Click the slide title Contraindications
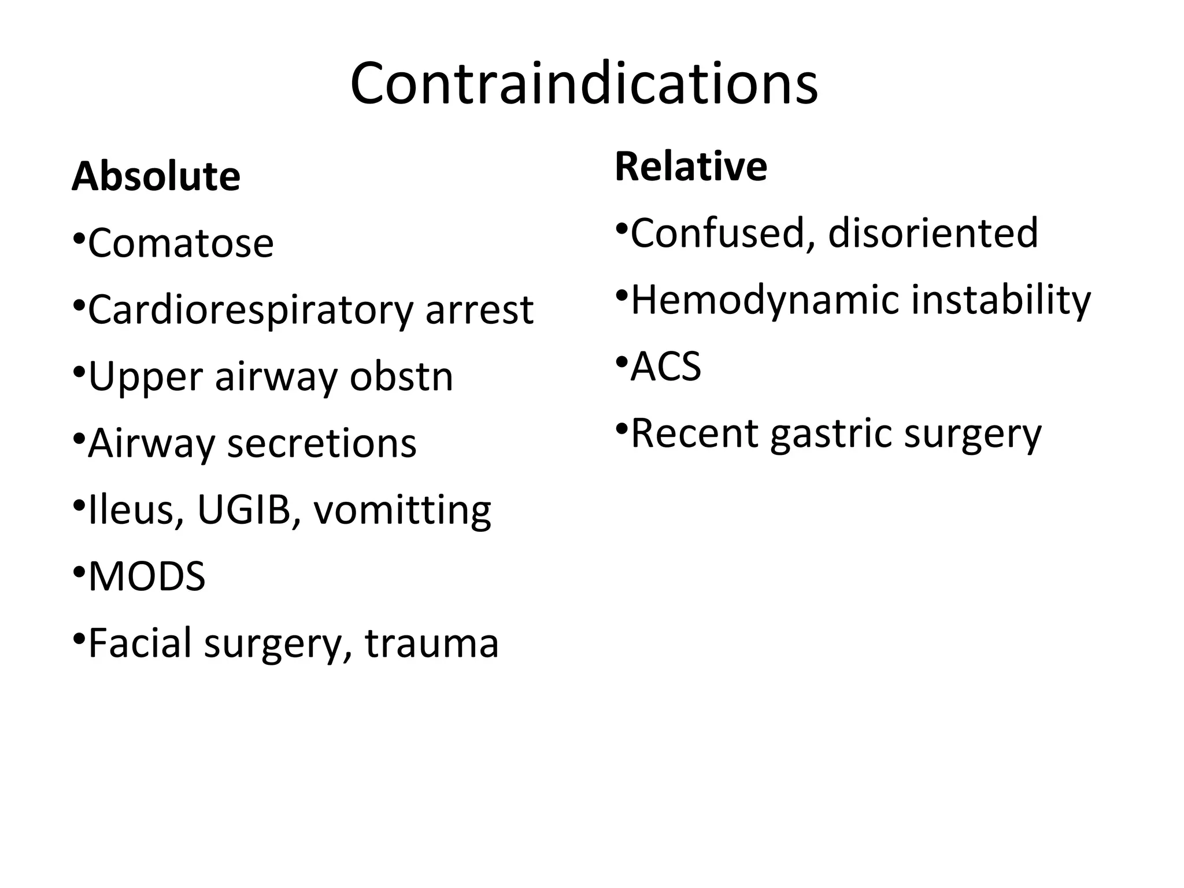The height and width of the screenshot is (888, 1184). [584, 84]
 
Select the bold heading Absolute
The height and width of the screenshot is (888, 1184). [156, 176]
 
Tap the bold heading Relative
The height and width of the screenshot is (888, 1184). [691, 166]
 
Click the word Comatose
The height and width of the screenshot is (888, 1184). [181, 243]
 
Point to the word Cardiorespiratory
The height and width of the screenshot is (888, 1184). [250, 310]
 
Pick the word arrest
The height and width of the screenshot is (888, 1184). [479, 310]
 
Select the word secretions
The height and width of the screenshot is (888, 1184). [321, 444]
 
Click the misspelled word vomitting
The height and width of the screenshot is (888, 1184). [402, 511]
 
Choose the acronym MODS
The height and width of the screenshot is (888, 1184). [147, 577]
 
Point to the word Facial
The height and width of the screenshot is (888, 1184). [140, 643]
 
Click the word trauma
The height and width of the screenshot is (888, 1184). [431, 643]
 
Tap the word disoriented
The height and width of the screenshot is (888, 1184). [933, 234]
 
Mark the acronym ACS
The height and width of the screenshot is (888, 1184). [666, 367]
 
